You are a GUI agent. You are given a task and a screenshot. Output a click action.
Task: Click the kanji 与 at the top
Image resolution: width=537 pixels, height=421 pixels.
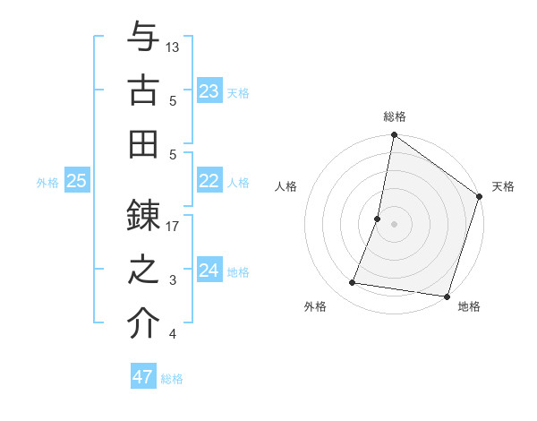(143, 39)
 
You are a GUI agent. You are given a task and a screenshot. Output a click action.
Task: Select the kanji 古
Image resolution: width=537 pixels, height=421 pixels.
(143, 91)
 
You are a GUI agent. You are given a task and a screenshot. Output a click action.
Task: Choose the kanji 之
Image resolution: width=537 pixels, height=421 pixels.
(143, 270)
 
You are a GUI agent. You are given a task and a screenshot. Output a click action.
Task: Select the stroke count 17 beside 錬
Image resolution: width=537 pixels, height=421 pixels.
(173, 226)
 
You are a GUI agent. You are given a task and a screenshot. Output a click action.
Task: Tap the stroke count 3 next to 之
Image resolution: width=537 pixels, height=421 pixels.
(173, 280)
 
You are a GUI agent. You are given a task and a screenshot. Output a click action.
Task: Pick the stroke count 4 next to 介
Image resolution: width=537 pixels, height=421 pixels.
(173, 334)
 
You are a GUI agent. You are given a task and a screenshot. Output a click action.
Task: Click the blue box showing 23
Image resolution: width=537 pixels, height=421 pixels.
(209, 91)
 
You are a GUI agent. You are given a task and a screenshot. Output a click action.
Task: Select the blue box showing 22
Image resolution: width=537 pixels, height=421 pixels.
(209, 181)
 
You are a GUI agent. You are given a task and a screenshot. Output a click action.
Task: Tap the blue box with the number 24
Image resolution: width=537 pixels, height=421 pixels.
(209, 271)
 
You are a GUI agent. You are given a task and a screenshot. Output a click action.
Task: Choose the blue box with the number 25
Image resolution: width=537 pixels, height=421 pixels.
(77, 181)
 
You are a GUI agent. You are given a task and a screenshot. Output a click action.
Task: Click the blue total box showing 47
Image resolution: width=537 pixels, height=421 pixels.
(143, 377)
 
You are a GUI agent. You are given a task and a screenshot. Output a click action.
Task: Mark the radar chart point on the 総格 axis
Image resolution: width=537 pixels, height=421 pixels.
(394, 136)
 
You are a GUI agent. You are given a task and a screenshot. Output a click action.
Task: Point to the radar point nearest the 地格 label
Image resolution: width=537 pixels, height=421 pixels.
(447, 296)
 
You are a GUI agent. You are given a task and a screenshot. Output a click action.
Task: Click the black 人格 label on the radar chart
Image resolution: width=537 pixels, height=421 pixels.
(286, 187)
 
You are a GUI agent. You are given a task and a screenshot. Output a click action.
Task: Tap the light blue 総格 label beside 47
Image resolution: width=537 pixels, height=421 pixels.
(172, 379)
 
